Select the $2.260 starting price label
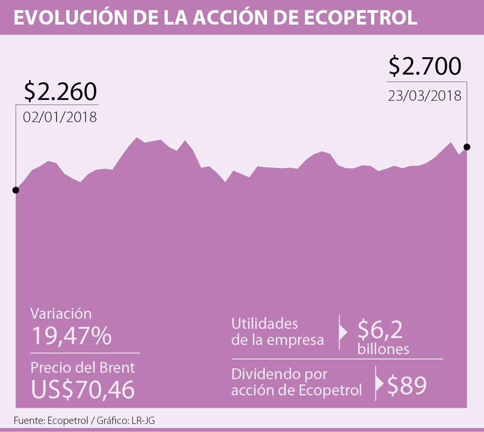(x=60, y=91)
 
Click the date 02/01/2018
(x=60, y=117)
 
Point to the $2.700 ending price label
(x=425, y=66)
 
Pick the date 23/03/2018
(x=425, y=96)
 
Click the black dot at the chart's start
(x=16, y=190)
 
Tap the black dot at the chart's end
(x=467, y=147)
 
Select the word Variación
(x=61, y=314)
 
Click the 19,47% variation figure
(x=71, y=336)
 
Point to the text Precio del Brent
(x=83, y=368)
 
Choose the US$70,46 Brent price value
(x=83, y=390)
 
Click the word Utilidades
(x=265, y=324)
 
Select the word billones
(x=383, y=349)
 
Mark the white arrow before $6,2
(x=343, y=332)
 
